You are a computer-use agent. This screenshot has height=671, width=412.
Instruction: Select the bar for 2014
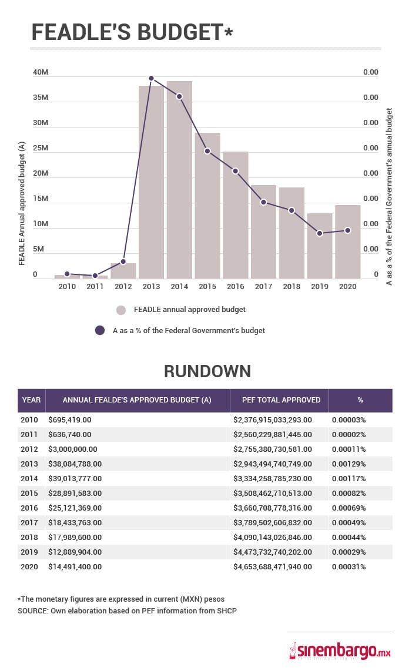coord(179,179)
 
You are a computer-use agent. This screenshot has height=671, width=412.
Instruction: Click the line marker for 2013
coord(151,78)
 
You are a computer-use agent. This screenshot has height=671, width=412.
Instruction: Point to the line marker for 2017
coord(263,202)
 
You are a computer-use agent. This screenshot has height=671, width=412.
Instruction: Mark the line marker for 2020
coord(347,230)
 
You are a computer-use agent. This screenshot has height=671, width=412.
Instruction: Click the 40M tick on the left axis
coord(40,72)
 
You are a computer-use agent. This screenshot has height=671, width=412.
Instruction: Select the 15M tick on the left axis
coord(40,199)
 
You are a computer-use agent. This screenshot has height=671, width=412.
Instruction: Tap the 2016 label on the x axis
coord(235,287)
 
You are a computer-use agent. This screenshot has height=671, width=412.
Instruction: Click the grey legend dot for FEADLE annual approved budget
coord(121,310)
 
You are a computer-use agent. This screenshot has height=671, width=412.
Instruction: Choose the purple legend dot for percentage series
coord(100,331)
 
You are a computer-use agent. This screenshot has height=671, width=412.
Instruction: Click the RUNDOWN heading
coord(207,371)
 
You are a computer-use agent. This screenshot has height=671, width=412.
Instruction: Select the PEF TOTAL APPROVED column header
coord(281,400)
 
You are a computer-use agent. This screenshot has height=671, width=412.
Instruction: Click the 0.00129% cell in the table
coord(349,464)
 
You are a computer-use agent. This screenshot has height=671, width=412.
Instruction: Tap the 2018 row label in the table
coord(30,538)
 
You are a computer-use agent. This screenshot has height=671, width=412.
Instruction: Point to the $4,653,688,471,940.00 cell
coord(272,567)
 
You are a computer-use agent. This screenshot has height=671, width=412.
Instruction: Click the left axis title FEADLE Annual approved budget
coord(22,203)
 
